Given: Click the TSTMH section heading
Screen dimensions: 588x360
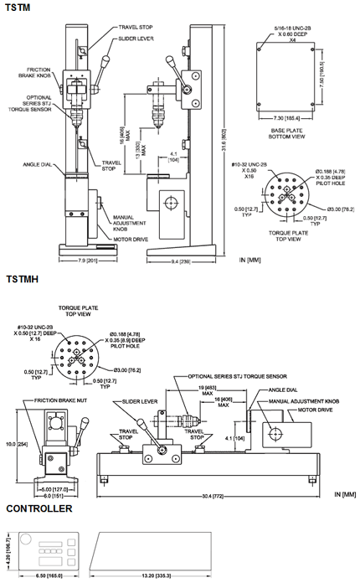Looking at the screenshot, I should (23, 278).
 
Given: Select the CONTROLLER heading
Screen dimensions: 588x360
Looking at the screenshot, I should (39, 508).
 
